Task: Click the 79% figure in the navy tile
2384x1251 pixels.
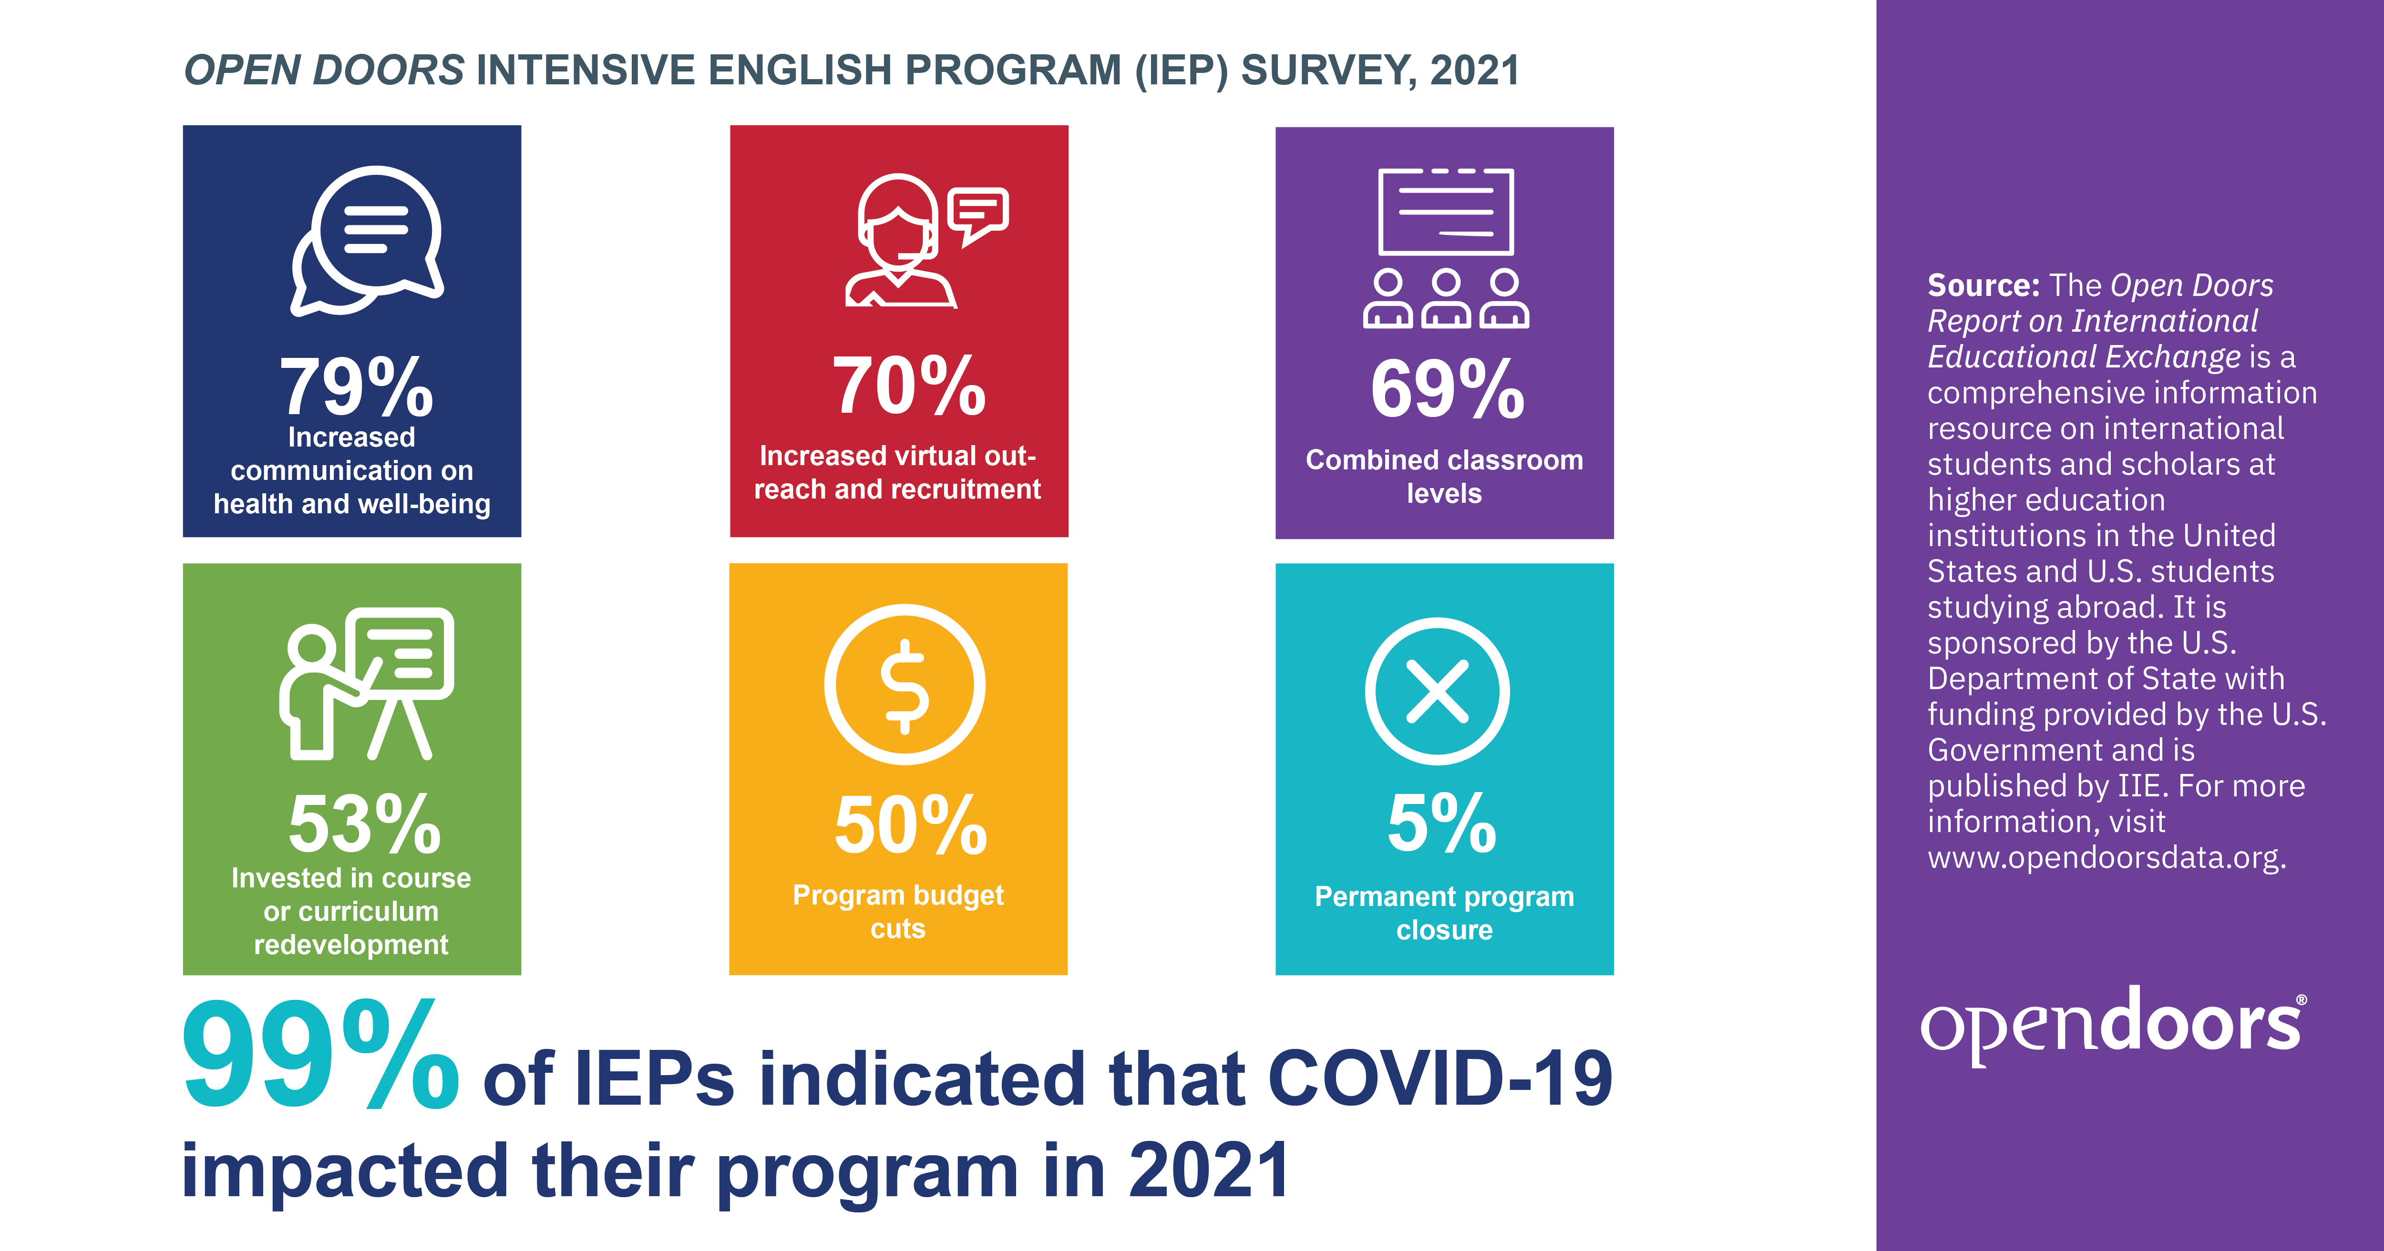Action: (356, 387)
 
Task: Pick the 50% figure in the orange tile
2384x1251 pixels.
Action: (911, 824)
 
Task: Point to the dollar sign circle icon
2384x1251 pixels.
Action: (904, 685)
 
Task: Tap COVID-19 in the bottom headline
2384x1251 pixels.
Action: (1439, 1079)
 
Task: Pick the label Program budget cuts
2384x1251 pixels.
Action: (898, 911)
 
